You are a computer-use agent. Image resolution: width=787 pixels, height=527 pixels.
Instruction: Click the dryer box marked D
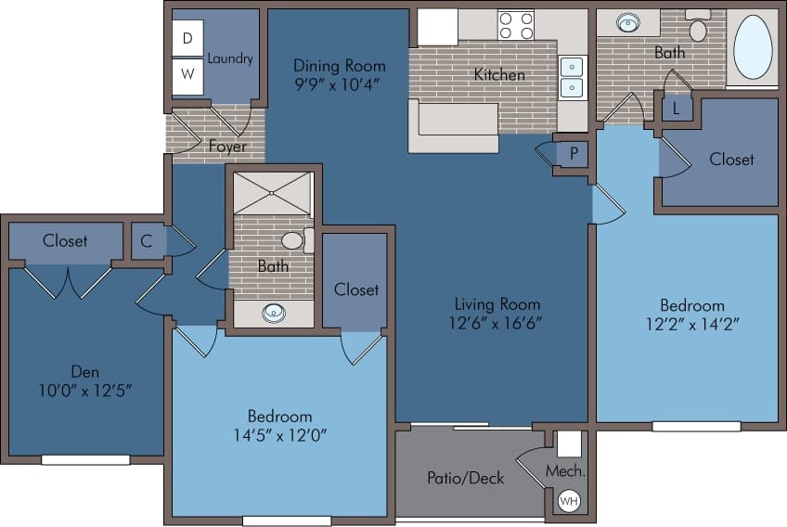coord(187,38)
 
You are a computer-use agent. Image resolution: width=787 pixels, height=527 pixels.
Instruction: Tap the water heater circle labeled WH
coord(567,501)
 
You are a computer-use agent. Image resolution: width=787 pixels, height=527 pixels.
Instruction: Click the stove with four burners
coord(516,25)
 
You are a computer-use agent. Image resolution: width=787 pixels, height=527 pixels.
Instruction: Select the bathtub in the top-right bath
coord(753,46)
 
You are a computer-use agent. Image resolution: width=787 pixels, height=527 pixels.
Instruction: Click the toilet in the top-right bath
coord(698,28)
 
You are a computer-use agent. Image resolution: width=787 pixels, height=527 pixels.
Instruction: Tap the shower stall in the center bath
coord(273,193)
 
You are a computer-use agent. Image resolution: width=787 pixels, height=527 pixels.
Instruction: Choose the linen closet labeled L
coord(677,109)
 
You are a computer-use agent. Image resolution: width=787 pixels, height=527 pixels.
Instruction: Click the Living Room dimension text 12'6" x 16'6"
coord(497,324)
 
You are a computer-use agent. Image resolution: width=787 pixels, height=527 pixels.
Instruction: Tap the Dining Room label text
coord(339,66)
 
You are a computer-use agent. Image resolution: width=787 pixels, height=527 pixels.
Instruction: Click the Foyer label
coord(227,147)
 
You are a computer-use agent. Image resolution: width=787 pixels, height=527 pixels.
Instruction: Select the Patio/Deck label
coord(466,478)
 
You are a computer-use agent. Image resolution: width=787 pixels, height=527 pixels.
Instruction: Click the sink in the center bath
coord(274,313)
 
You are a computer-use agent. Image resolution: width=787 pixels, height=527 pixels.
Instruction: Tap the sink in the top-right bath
coord(628,22)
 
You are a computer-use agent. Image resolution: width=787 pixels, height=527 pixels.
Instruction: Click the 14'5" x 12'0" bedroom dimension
coord(279,434)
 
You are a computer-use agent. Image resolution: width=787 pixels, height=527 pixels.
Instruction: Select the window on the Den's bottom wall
coord(85,459)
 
